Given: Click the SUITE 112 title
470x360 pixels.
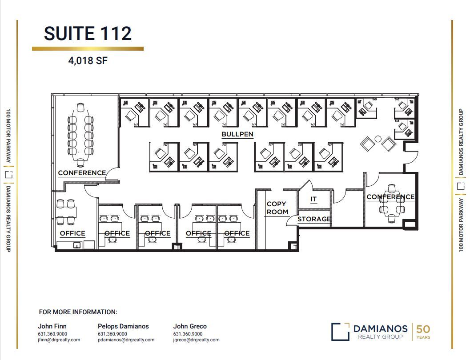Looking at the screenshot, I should click(x=88, y=34).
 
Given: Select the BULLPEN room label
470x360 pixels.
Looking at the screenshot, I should click(x=237, y=134).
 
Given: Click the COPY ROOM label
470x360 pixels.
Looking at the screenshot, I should click(x=277, y=208).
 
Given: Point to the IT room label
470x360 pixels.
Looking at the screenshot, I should click(x=313, y=199).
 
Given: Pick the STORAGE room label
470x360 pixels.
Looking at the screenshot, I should click(x=314, y=219).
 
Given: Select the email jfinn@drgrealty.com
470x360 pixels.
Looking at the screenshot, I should click(x=59, y=340).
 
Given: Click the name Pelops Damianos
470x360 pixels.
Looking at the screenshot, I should click(x=123, y=326).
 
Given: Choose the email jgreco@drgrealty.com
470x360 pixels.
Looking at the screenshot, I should click(x=196, y=340).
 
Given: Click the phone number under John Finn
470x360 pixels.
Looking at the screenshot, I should click(x=53, y=334).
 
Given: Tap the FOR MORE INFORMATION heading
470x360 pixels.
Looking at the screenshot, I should click(x=78, y=312).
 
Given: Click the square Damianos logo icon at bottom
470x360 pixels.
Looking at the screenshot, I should click(x=340, y=332).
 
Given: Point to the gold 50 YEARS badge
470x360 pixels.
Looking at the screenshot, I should click(x=423, y=332).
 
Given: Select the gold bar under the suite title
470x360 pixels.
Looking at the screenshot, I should click(x=88, y=48).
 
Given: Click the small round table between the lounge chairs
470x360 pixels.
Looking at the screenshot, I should click(x=378, y=139).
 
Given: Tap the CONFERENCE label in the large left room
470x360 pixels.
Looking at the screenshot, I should click(x=82, y=173).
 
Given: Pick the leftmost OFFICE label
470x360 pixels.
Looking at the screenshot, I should click(x=72, y=233).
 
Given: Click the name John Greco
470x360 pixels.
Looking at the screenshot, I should click(x=190, y=326).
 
